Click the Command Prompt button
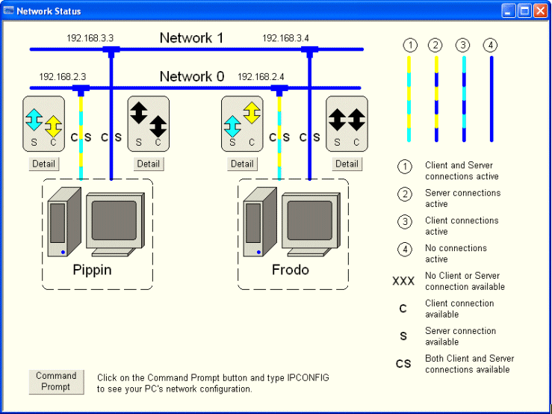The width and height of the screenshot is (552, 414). click(56, 381)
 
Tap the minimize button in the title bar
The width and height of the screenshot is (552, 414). click(509, 10)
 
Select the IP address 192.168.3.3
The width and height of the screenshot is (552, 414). click(90, 37)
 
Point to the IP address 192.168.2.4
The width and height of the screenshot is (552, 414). click(260, 76)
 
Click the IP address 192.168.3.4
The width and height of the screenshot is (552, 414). click(285, 37)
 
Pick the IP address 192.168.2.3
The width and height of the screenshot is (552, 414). click(63, 76)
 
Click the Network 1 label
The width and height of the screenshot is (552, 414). click(191, 38)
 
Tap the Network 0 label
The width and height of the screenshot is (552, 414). click(191, 76)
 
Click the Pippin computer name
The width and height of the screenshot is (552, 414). click(93, 270)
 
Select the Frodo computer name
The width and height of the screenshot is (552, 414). click(290, 270)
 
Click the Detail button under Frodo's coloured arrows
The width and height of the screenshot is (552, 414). click(242, 164)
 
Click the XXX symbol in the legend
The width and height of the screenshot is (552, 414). click(403, 282)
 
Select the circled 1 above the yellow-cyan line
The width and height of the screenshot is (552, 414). click(409, 46)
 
